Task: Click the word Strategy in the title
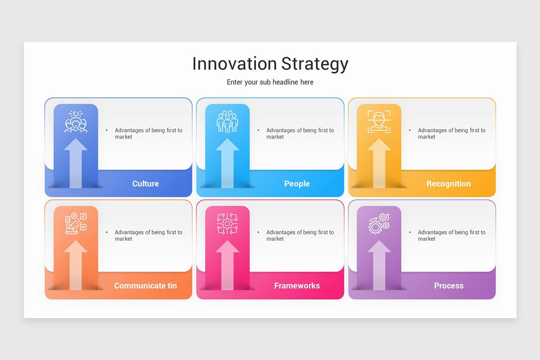tap(315, 64)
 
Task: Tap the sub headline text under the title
tap(270, 82)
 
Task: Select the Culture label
tap(145, 184)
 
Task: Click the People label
tap(297, 184)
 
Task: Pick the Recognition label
tap(449, 184)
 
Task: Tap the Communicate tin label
tap(145, 286)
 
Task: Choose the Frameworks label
tap(297, 286)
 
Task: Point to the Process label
tap(449, 286)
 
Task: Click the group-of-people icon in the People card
tap(227, 121)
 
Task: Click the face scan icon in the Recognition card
tap(379, 121)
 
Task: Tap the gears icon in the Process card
tap(379, 224)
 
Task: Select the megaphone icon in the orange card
tap(76, 224)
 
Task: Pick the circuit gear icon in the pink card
tap(227, 224)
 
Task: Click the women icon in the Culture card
tap(76, 121)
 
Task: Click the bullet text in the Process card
tap(451, 235)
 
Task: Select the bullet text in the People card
tap(300, 133)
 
